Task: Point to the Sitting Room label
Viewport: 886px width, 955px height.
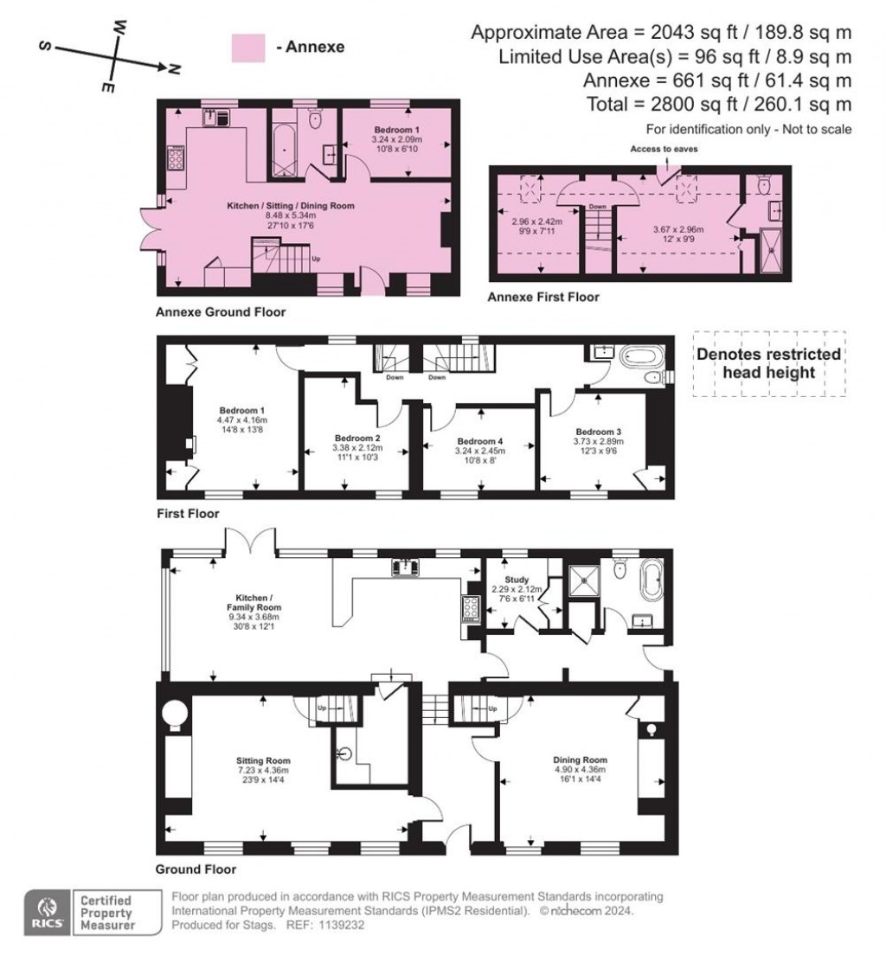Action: pos(260,759)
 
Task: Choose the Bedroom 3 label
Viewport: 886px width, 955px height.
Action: pos(599,431)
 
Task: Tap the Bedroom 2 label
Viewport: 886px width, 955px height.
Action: pos(357,438)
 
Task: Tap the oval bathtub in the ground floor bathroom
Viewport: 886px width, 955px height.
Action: pos(650,580)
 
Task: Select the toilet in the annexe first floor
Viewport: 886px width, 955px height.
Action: pos(763,184)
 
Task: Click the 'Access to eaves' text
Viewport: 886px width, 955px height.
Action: pos(664,149)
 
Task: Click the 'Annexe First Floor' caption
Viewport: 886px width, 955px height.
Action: pos(543,298)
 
